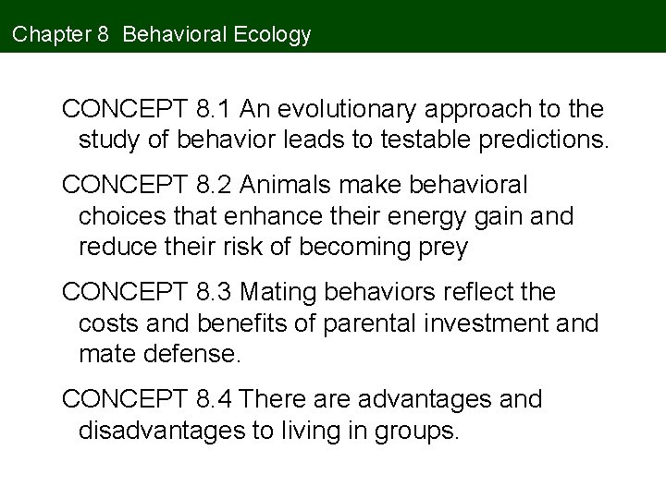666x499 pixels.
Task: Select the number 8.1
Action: coord(216,111)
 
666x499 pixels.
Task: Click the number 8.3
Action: coord(216,293)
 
